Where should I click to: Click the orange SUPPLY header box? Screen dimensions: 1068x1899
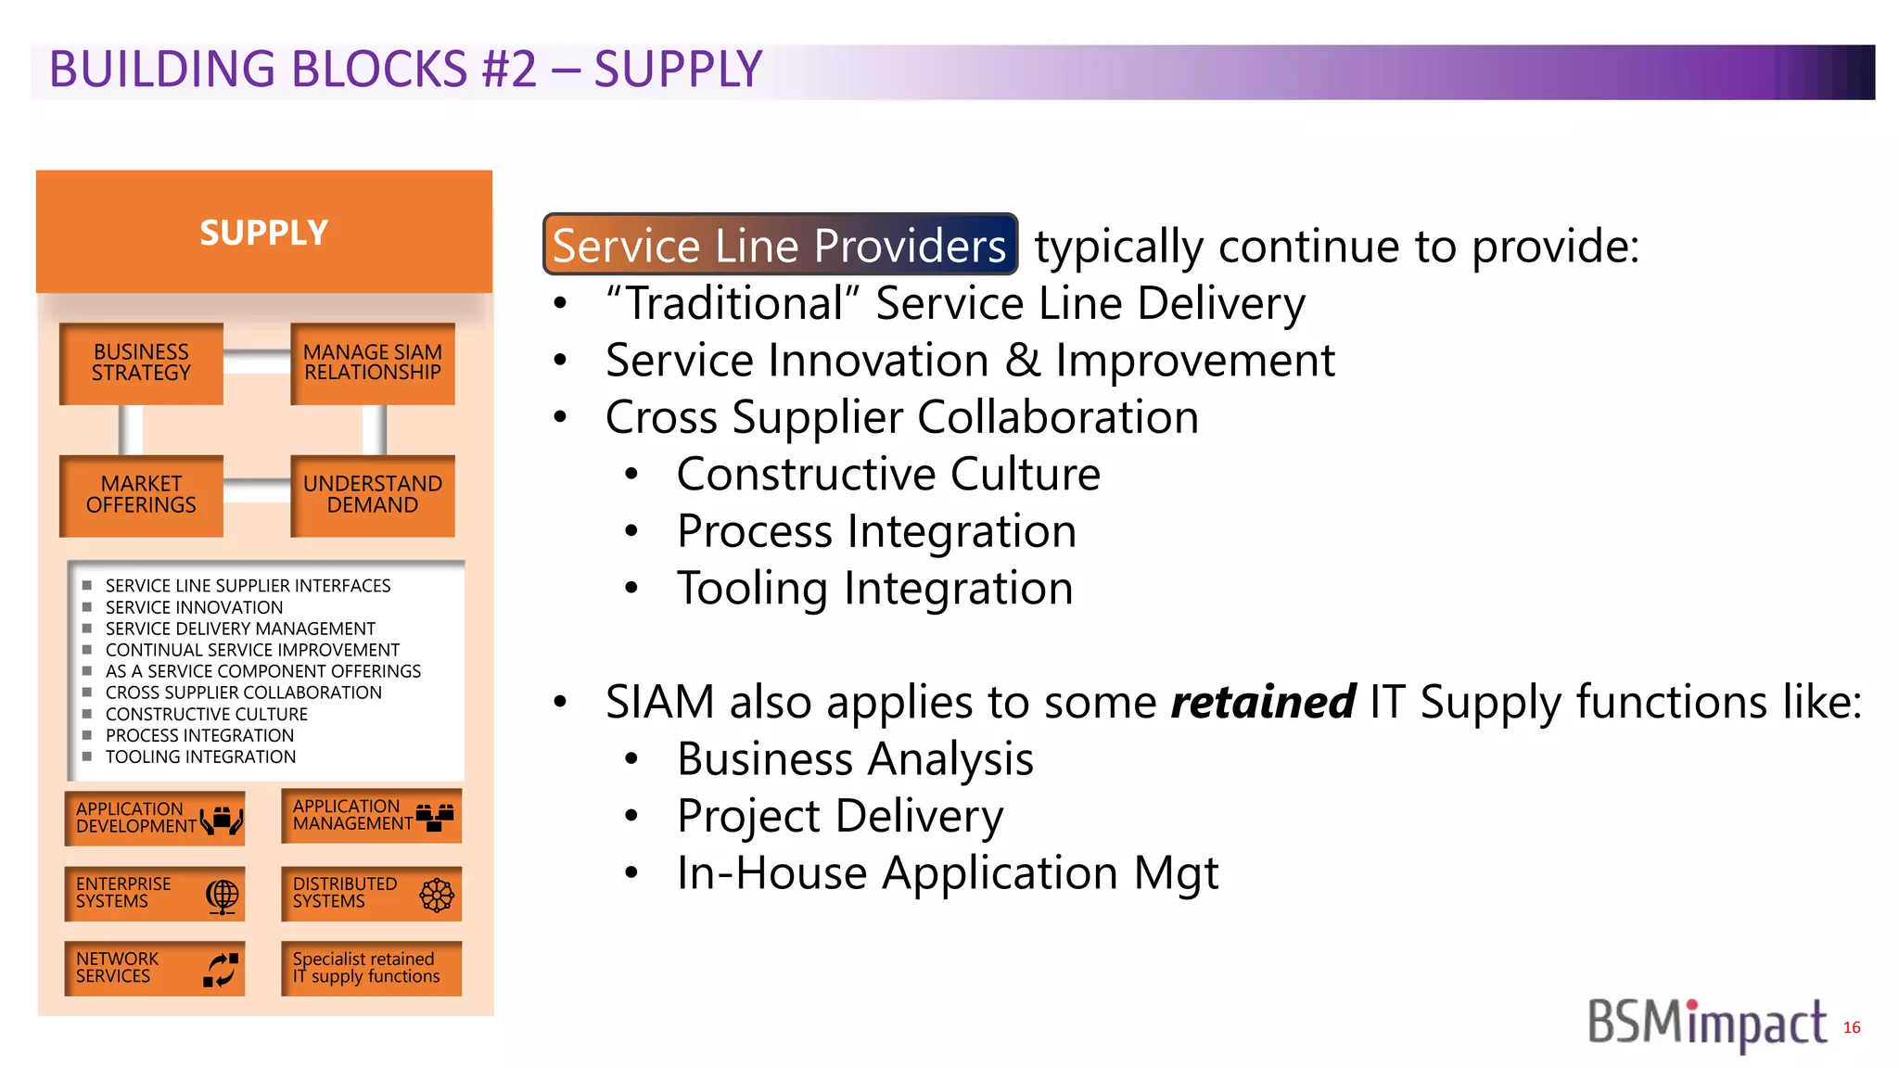click(x=264, y=232)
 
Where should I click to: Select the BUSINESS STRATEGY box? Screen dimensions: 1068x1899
click(x=141, y=362)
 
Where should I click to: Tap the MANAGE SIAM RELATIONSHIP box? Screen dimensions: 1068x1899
click(x=373, y=362)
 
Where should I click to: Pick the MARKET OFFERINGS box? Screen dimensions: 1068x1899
click(x=141, y=495)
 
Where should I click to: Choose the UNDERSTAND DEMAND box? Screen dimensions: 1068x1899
click(x=373, y=495)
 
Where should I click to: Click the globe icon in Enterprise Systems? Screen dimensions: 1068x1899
click(x=223, y=896)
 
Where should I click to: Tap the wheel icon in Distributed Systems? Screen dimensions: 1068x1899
click(x=437, y=895)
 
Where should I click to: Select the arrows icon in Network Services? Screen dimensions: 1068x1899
click(x=221, y=970)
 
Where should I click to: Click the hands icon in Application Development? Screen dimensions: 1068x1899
click(x=222, y=820)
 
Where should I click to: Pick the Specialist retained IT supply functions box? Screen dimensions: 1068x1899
click(x=371, y=969)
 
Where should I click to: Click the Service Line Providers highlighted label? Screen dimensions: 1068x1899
click(x=780, y=246)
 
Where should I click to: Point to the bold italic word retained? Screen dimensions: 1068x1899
click(x=1262, y=702)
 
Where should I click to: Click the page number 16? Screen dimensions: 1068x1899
click(x=1852, y=1027)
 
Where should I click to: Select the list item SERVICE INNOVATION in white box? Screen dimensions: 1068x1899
click(x=194, y=607)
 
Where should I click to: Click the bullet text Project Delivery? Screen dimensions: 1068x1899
click(x=840, y=817)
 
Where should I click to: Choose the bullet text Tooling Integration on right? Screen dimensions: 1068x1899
click(x=874, y=589)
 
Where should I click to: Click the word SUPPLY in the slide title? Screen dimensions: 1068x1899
click(x=678, y=70)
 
